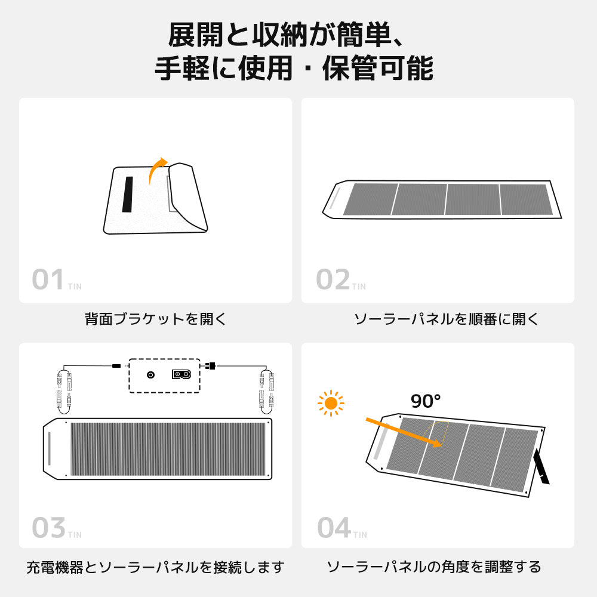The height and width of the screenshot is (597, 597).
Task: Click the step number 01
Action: (48, 280)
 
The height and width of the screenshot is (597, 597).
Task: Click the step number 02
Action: (333, 280)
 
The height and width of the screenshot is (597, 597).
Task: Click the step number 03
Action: (48, 528)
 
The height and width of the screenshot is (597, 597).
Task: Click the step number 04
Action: (333, 528)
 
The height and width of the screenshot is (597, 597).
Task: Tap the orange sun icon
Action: (331, 404)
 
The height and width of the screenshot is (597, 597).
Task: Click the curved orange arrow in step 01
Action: (156, 170)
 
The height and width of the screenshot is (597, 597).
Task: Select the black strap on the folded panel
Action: (128, 194)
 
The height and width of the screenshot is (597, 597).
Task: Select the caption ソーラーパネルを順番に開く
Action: (446, 319)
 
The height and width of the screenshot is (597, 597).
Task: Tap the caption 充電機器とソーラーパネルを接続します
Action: (155, 567)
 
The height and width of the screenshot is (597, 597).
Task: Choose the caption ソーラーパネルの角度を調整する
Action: (434, 567)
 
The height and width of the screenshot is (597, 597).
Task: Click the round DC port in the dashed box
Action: (150, 375)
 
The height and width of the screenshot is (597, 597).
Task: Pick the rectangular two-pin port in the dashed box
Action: (182, 374)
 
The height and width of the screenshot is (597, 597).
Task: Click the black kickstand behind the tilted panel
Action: (543, 466)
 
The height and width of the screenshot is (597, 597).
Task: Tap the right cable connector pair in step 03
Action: (266, 389)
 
